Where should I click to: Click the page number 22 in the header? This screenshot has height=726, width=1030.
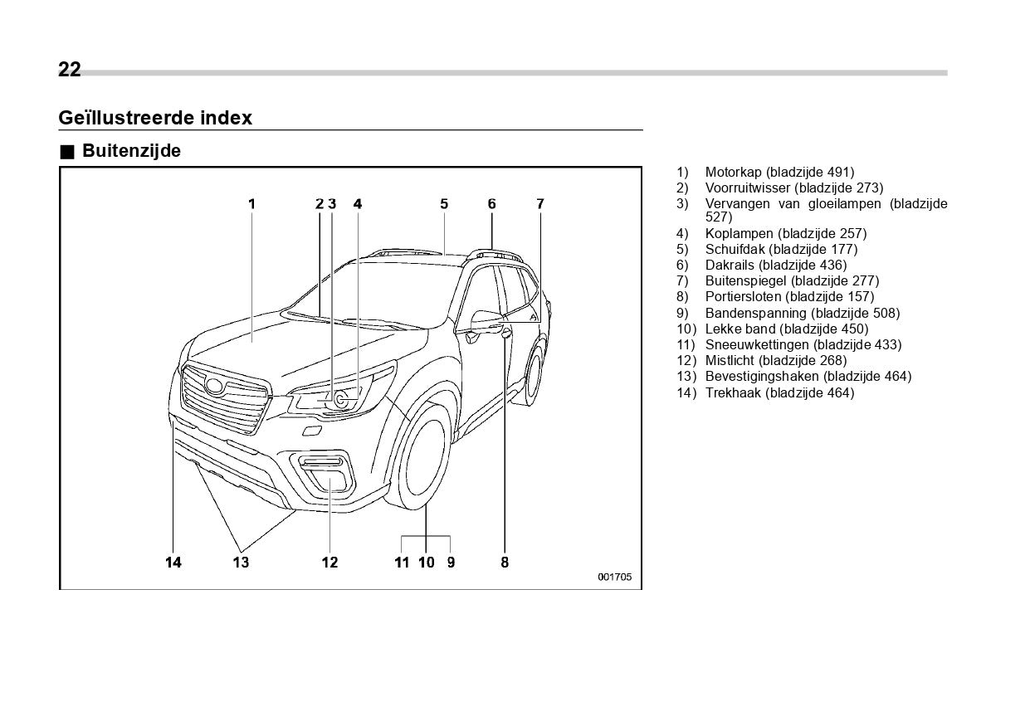(70, 70)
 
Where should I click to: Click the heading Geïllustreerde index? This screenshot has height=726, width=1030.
(155, 118)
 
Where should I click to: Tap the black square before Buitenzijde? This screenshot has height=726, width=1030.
(67, 152)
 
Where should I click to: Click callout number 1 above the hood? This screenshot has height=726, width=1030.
(251, 203)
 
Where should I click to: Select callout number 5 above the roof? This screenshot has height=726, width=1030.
(444, 203)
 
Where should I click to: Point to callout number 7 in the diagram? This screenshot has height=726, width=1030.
(539, 203)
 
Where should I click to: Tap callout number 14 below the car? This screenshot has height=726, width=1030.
(173, 563)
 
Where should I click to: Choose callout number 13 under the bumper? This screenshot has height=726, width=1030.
(241, 563)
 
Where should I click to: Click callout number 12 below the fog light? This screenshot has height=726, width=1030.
(330, 563)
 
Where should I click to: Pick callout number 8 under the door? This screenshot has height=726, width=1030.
(505, 563)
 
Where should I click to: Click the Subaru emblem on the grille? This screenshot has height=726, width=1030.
(216, 386)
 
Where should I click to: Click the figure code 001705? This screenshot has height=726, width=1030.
(615, 577)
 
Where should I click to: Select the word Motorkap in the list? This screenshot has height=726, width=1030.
(734, 173)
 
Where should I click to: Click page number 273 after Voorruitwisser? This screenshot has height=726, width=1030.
(866, 188)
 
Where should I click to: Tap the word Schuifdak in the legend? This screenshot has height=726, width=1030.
(735, 250)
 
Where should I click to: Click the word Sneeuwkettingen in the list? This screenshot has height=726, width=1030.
(757, 345)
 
